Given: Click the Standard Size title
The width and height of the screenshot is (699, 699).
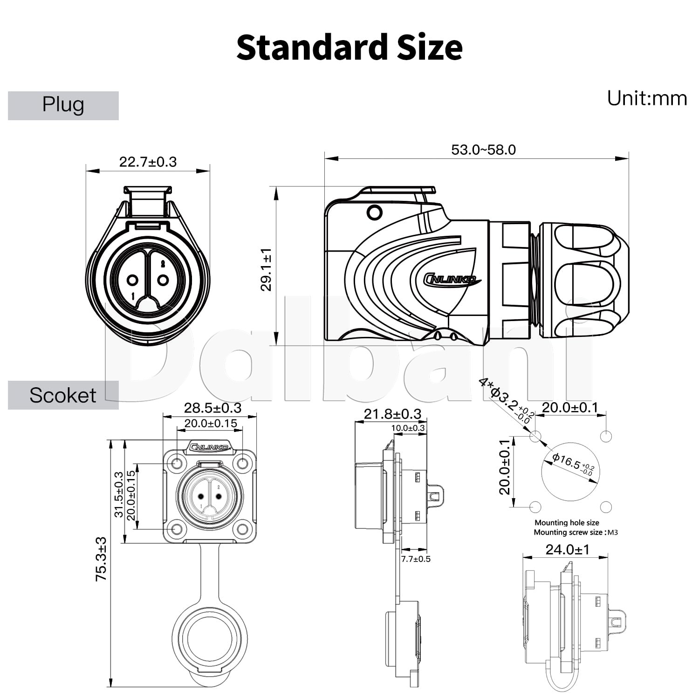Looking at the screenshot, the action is (x=349, y=47).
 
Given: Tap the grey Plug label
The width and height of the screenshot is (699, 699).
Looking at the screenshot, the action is (x=63, y=105).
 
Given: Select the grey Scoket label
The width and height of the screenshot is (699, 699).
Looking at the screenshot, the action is (x=63, y=395).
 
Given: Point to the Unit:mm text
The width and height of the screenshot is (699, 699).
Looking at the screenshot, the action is (x=647, y=98).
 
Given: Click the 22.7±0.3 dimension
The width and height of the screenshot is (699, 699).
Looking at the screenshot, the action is (x=148, y=162).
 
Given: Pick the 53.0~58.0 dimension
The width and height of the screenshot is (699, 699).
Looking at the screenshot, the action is (x=483, y=150).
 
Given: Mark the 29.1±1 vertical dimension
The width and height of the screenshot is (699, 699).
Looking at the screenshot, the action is (x=266, y=270).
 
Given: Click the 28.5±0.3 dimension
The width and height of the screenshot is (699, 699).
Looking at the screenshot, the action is (x=212, y=408).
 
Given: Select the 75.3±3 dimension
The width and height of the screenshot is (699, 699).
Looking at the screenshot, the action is (x=101, y=559).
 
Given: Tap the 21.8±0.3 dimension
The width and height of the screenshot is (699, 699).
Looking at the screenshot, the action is (x=392, y=414).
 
